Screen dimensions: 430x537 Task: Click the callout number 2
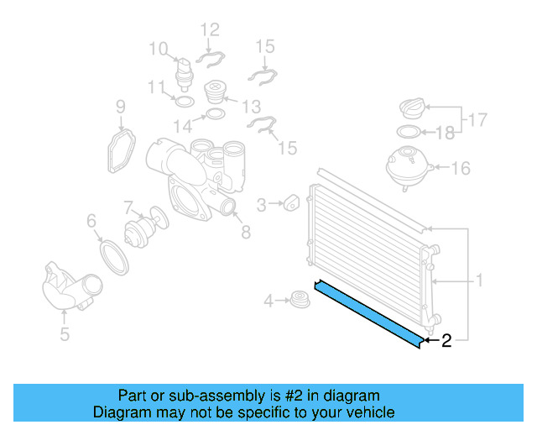point(446,340)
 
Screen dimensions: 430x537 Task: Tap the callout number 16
point(461,169)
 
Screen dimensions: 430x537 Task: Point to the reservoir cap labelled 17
point(413,109)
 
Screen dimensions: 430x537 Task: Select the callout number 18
point(446,133)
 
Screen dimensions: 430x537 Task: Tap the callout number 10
point(159,49)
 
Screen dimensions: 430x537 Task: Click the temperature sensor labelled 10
point(184,74)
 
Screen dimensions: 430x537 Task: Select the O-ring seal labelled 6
point(113,254)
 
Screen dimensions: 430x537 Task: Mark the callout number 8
point(245,233)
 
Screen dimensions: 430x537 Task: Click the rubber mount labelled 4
point(295,298)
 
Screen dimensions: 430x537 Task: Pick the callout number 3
point(261,204)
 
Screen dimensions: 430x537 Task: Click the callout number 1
point(479,280)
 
